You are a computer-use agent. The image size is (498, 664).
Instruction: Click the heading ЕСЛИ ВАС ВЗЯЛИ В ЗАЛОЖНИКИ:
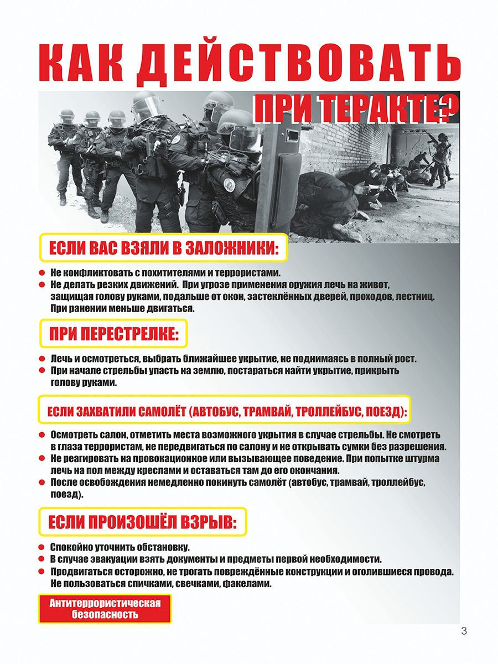click(163, 248)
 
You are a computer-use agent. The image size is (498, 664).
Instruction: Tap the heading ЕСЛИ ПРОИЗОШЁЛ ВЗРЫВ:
click(142, 521)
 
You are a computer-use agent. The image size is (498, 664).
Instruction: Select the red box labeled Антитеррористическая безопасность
click(105, 609)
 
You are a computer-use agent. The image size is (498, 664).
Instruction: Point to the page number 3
click(464, 631)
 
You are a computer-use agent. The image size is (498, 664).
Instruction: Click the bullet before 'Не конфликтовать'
click(41, 273)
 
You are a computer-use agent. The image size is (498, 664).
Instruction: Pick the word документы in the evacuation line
click(168, 559)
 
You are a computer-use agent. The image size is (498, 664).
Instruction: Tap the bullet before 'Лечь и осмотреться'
click(41, 359)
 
